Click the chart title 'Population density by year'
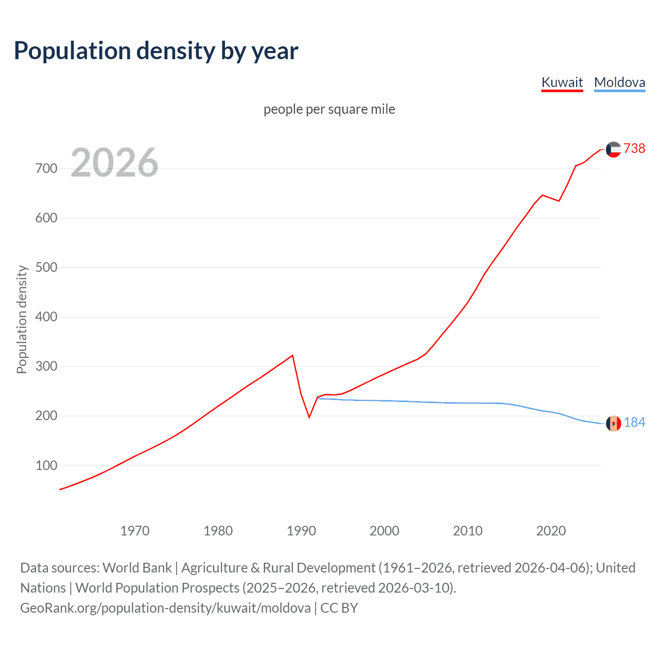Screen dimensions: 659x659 point(156,51)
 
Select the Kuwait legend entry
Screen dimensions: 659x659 point(562,82)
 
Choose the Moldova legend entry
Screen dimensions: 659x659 point(619,82)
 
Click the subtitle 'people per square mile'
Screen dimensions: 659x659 point(329,109)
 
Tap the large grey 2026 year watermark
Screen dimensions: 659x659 point(114,163)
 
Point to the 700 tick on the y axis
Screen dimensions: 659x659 point(46,168)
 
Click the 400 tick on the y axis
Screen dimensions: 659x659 point(46,317)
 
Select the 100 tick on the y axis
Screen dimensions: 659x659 point(46,465)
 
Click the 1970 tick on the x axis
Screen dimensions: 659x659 point(135,530)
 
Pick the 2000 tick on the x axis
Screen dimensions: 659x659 point(385,530)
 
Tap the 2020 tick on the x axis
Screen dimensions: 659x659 point(551,530)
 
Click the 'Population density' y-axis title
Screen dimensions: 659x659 point(22,319)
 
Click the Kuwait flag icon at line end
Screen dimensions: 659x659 point(613,149)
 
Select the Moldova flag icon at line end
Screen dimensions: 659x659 point(613,423)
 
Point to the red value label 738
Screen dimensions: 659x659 point(634,148)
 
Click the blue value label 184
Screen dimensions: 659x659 point(634,422)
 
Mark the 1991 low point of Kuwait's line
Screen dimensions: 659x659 point(309,417)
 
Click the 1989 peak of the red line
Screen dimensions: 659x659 point(292,355)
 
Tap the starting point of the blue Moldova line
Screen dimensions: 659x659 point(318,398)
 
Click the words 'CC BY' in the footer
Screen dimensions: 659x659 point(339,608)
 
